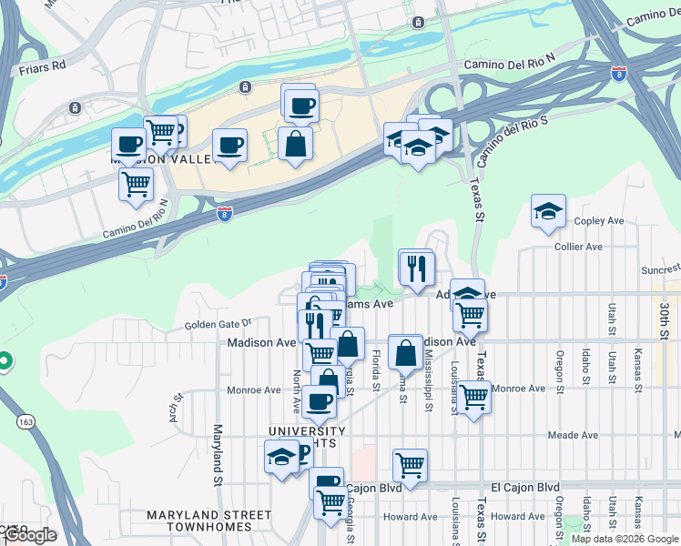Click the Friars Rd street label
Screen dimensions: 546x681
pos(43,66)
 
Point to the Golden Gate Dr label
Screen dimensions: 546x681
pos(218,323)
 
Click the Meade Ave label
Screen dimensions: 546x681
pos(571,435)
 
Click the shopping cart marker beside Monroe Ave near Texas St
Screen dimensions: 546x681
pos(473,397)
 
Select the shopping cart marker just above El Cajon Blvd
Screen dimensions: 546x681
pos(411,465)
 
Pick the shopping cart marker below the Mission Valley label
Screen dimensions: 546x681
pos(136,185)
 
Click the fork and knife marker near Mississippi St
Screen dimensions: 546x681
pos(416,267)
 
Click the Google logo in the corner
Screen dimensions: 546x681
pos(29,535)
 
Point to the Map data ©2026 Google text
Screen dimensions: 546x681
pos(625,539)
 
